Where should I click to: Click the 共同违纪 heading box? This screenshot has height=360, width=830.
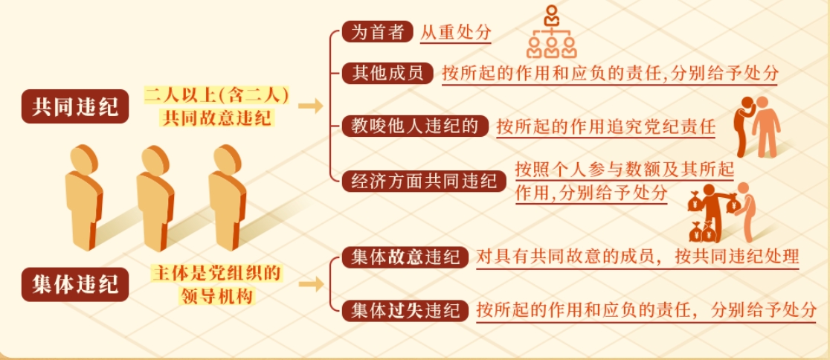[75, 106]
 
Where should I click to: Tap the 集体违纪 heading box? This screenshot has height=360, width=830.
[75, 285]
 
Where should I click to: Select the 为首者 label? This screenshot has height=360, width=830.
[377, 33]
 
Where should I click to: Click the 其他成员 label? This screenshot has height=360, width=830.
[388, 73]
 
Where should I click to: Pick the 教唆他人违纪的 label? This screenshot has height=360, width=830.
[416, 126]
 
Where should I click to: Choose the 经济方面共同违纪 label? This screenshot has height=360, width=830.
[425, 181]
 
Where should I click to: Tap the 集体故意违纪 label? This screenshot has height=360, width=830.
[405, 257]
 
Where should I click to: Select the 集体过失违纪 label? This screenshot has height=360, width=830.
[405, 310]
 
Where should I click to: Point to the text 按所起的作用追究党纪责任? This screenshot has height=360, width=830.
[605, 127]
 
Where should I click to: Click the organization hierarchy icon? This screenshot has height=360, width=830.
[552, 32]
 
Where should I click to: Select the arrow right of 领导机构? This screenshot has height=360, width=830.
[311, 285]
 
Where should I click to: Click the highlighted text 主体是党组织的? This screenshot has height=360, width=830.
[216, 274]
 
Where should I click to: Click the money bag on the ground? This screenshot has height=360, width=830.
[703, 231]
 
